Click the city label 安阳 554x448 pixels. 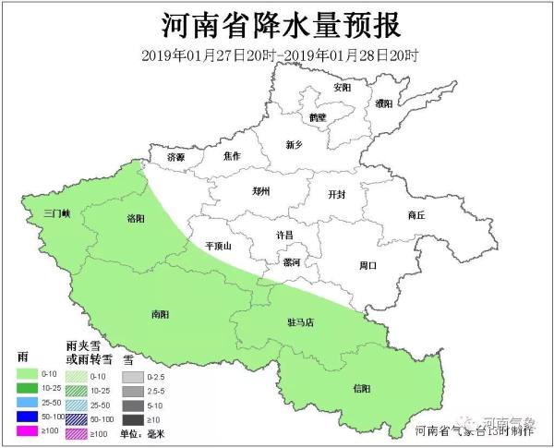coord(343,88)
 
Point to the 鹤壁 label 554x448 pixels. coord(318,118)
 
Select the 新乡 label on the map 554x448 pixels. coord(295,144)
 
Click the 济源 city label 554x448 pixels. coord(175,158)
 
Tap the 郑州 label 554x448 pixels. coord(261,193)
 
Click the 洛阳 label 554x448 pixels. coord(136,218)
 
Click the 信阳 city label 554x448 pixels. coord(363,388)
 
